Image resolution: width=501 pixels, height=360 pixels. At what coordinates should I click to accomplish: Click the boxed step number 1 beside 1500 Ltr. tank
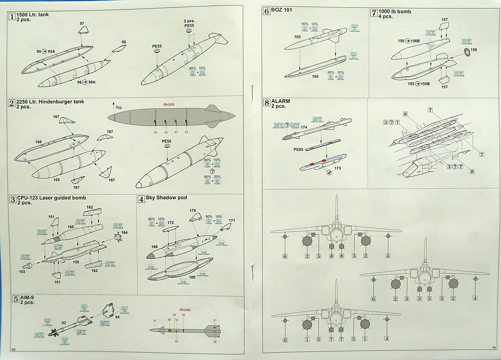tap(12, 16)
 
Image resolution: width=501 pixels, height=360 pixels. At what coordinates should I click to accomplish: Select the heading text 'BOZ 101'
tap(282, 10)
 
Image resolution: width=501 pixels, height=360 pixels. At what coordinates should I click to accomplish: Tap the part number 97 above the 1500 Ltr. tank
tap(82, 24)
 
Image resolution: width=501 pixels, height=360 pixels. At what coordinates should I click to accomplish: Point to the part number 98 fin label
tap(124, 42)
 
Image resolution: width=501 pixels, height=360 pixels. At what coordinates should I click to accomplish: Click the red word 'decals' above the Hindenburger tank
tap(169, 104)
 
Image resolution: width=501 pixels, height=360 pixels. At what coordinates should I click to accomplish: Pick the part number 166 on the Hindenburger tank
tap(38, 142)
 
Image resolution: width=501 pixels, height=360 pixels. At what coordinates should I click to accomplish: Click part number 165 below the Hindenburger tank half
tap(57, 180)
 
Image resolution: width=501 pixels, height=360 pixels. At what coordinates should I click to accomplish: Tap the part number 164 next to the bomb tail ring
tap(124, 232)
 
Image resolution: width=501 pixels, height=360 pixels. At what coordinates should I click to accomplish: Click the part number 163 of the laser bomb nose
tap(22, 272)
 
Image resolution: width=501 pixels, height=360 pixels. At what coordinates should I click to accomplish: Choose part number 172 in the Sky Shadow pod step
tap(171, 223)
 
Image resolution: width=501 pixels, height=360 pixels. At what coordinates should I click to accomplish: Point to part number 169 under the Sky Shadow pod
tap(192, 277)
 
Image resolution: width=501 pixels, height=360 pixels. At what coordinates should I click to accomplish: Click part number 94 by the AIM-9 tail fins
tap(117, 317)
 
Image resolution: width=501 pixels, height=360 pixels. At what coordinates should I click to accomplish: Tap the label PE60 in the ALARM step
tap(298, 150)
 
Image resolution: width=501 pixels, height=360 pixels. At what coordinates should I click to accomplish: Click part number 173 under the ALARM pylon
tap(337, 168)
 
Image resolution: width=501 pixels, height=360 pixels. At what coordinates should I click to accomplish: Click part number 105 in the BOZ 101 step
tap(297, 37)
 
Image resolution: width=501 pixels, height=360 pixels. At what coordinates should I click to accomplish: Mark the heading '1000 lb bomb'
tap(395, 11)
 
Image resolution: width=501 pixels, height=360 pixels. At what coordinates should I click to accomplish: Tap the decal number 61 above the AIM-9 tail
tap(215, 320)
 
